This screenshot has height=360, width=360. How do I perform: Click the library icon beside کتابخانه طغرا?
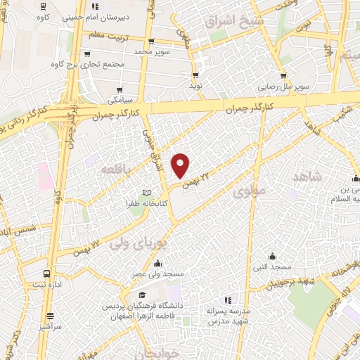point(146,193)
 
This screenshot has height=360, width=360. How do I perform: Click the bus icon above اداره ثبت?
point(46,274)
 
